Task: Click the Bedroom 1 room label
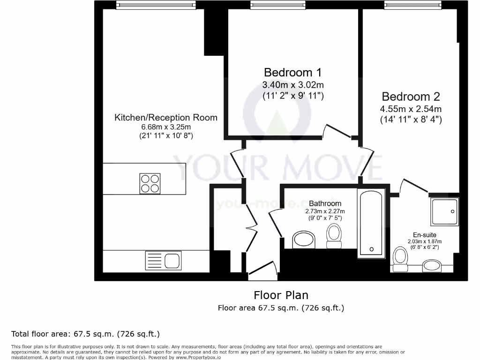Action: click(x=293, y=73)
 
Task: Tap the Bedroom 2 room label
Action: click(x=411, y=97)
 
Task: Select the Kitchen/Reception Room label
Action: click(x=166, y=117)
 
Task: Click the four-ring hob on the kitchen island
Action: click(x=150, y=183)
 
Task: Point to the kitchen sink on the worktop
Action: click(x=164, y=260)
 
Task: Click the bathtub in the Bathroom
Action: click(x=371, y=223)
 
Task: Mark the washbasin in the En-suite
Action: click(x=431, y=266)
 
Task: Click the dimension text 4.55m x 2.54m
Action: click(x=411, y=109)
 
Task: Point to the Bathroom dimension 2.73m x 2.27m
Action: click(x=325, y=211)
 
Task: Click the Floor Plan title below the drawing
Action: click(x=281, y=295)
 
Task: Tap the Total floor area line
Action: click(x=85, y=334)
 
